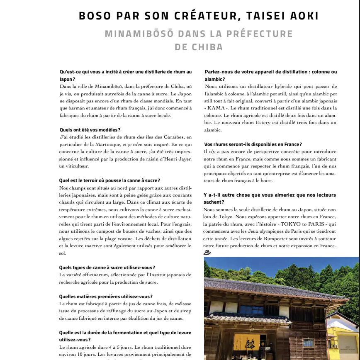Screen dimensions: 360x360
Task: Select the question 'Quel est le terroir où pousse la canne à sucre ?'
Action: pos(109,180)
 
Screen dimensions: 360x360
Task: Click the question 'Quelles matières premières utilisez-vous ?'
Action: pos(106,296)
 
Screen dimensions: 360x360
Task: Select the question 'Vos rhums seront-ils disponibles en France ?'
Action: pos(253,144)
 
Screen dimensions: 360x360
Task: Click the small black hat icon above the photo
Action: pos(207,252)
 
